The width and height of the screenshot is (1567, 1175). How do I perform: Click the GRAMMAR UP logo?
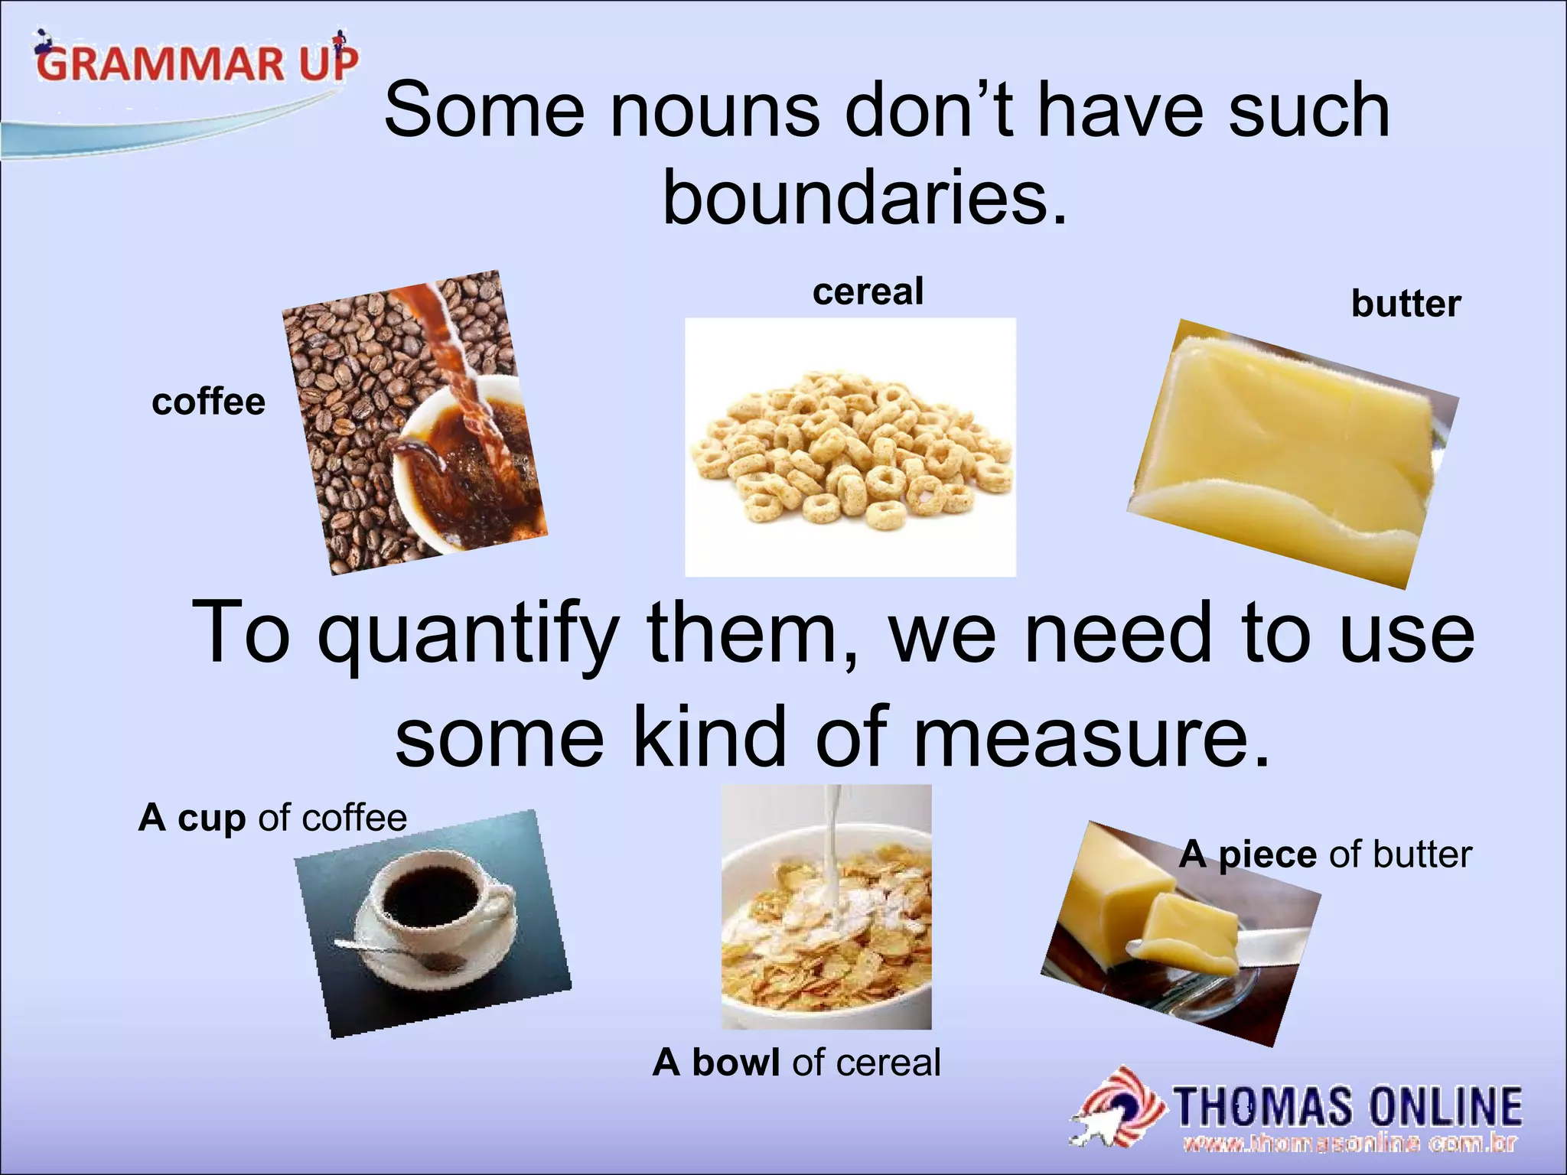coord(195,62)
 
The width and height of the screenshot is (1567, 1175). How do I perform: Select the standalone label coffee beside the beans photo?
coord(208,402)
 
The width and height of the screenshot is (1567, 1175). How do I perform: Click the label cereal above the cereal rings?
coord(868,292)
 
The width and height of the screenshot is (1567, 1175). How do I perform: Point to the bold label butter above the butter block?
coord(1406,304)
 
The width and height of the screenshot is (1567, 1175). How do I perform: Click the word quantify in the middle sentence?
coord(466,634)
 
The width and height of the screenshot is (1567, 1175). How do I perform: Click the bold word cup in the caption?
coord(211,819)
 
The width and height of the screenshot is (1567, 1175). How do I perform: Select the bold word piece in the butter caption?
coord(1267,854)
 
